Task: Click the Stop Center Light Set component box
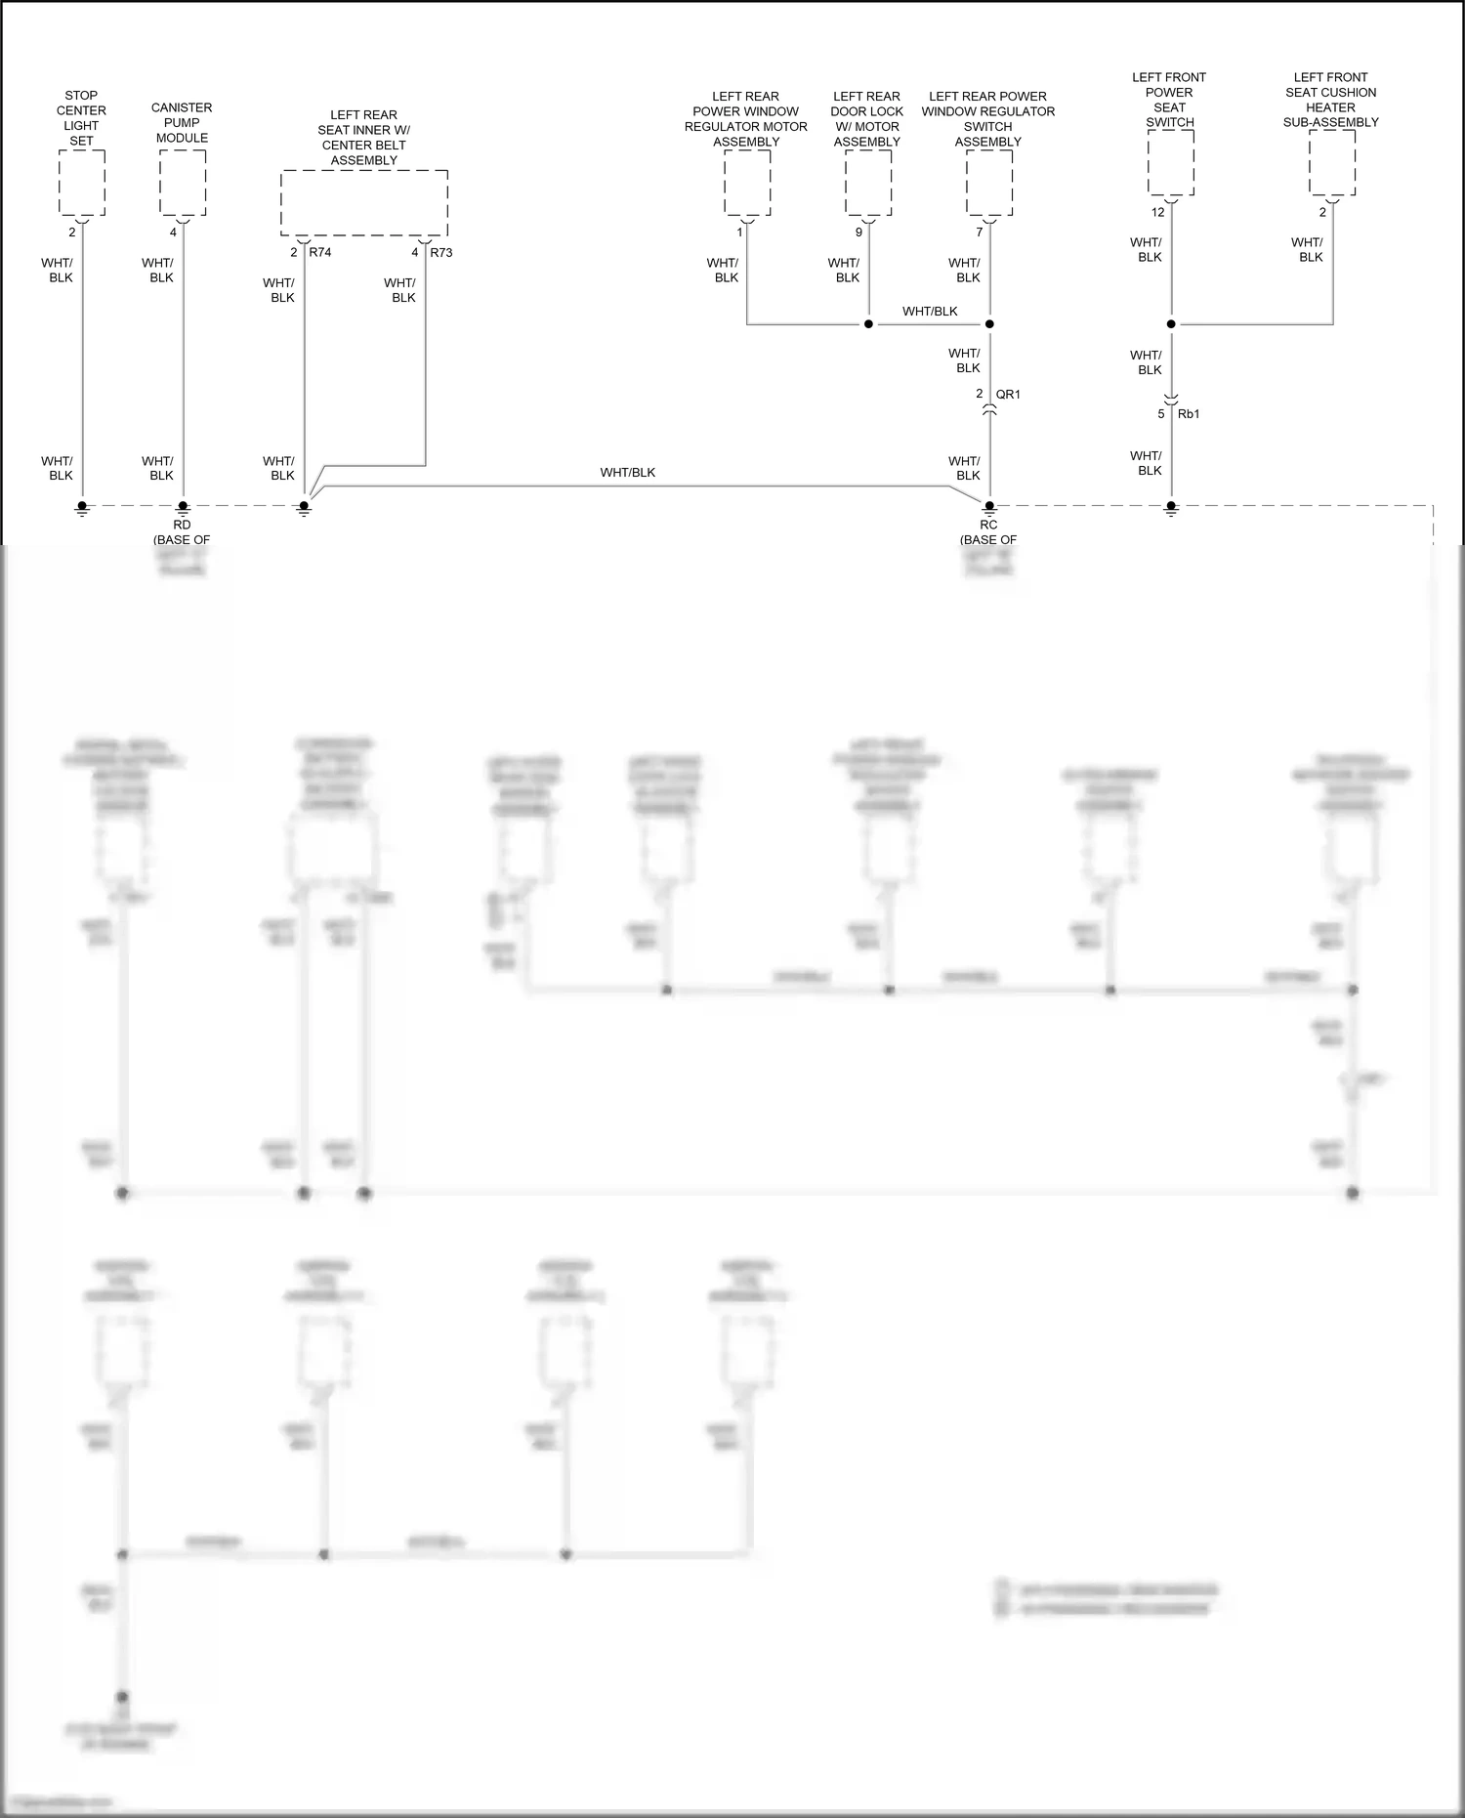click(x=82, y=183)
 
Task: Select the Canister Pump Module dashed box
click(x=183, y=183)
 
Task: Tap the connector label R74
click(x=320, y=252)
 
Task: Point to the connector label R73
click(x=441, y=252)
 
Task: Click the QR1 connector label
click(x=1008, y=395)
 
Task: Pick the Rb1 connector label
click(x=1189, y=414)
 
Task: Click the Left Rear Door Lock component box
click(x=868, y=183)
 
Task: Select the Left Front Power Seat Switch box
click(x=1171, y=163)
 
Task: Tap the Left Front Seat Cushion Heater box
click(x=1332, y=163)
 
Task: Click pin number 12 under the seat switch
click(x=1158, y=212)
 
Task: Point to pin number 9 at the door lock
click(x=859, y=233)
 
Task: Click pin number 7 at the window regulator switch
click(x=980, y=233)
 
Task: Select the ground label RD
click(x=183, y=525)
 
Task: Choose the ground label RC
click(x=988, y=525)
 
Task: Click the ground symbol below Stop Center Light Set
click(x=82, y=508)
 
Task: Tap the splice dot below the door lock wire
click(x=868, y=324)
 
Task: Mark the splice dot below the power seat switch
click(x=1171, y=324)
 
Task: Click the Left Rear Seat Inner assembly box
click(x=364, y=202)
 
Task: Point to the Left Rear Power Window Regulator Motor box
click(x=747, y=183)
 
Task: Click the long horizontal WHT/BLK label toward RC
click(x=628, y=473)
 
